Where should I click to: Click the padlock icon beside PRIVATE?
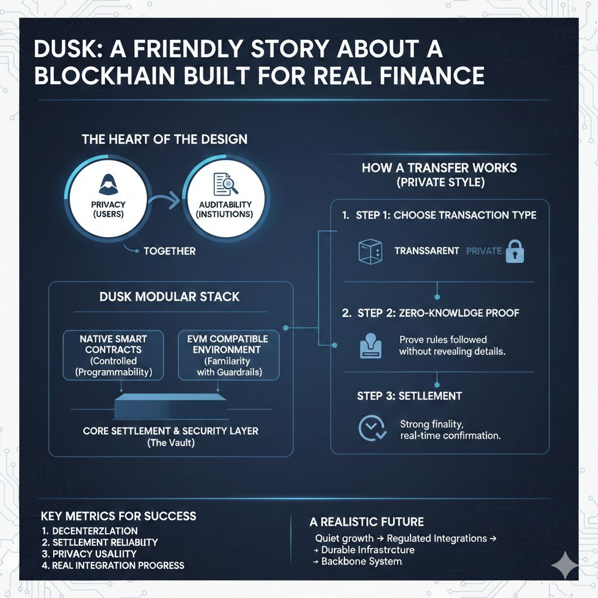(x=515, y=251)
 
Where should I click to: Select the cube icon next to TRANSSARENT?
(x=369, y=251)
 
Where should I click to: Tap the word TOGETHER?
(x=169, y=251)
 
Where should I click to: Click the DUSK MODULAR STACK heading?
(x=171, y=297)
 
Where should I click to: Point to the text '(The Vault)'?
(x=170, y=443)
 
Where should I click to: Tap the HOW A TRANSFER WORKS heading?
(x=439, y=168)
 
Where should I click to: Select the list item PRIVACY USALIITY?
(x=93, y=554)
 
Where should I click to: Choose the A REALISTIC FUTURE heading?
(x=367, y=521)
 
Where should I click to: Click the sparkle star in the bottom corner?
(x=565, y=565)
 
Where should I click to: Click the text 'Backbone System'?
(x=361, y=562)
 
